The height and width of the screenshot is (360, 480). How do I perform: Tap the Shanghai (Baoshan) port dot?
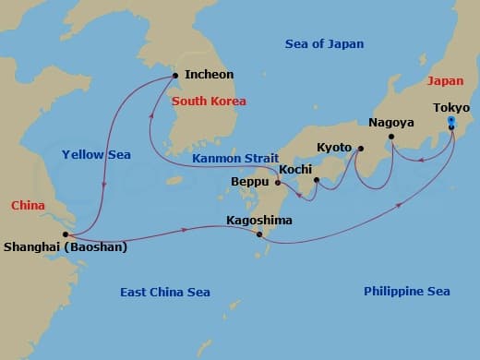(66, 234)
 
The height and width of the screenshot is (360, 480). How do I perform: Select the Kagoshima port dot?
(259, 234)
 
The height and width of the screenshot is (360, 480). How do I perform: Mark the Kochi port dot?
(316, 180)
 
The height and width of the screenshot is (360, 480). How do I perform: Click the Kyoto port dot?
(360, 149)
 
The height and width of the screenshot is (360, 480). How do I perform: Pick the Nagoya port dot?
(391, 138)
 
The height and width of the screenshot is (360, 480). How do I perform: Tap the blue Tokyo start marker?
(450, 121)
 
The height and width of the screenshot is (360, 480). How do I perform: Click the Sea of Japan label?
(324, 43)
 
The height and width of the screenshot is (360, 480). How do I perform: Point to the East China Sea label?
(165, 292)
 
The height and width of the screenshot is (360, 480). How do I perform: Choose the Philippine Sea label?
(406, 292)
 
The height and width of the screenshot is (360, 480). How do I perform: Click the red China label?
(29, 203)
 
